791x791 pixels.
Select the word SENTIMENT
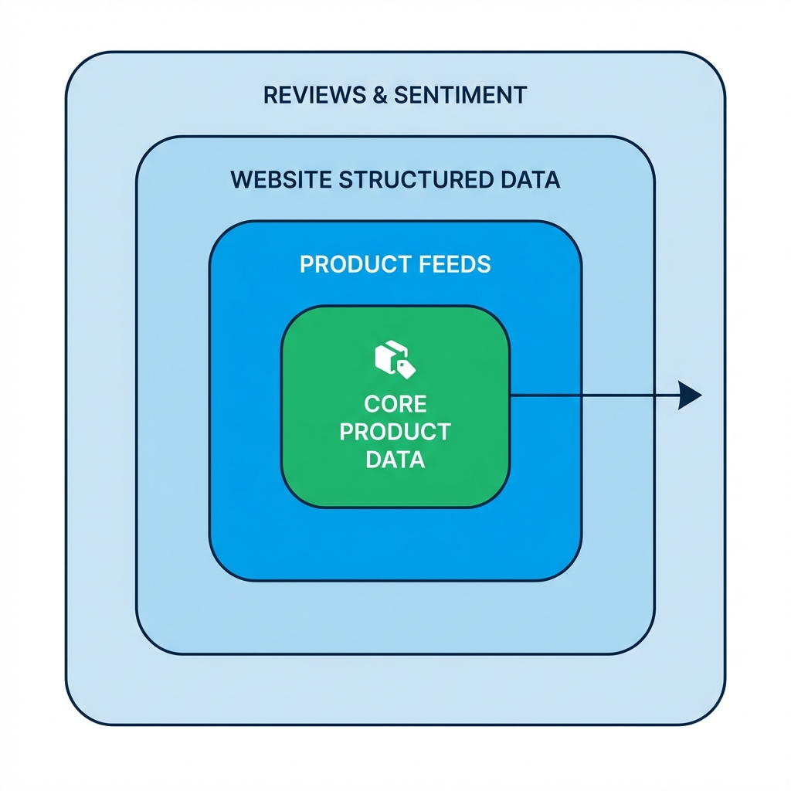(x=460, y=95)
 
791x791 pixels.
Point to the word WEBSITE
(x=280, y=180)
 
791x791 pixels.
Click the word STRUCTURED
(x=414, y=180)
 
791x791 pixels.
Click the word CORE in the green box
(x=395, y=404)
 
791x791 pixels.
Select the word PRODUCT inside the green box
(x=395, y=432)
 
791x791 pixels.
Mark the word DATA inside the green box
(x=395, y=460)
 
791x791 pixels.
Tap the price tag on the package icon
(x=406, y=368)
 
